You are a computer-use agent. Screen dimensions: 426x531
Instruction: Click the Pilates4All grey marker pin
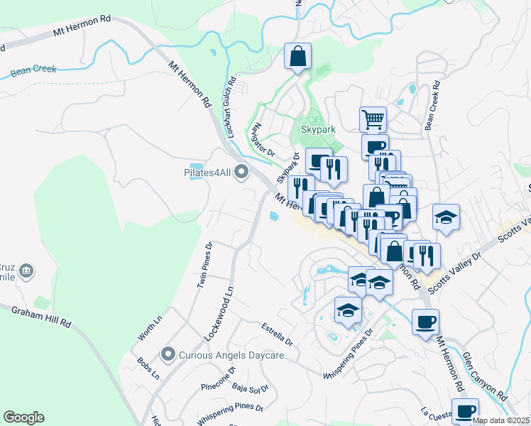click(x=242, y=172)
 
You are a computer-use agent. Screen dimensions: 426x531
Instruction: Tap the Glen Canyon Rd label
click(x=485, y=376)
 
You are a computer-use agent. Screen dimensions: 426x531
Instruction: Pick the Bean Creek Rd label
click(x=432, y=105)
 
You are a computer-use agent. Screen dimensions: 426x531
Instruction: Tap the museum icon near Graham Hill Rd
click(x=27, y=271)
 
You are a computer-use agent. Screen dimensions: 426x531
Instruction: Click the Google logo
click(x=23, y=417)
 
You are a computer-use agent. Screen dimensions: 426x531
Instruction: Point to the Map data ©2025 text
click(x=500, y=420)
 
